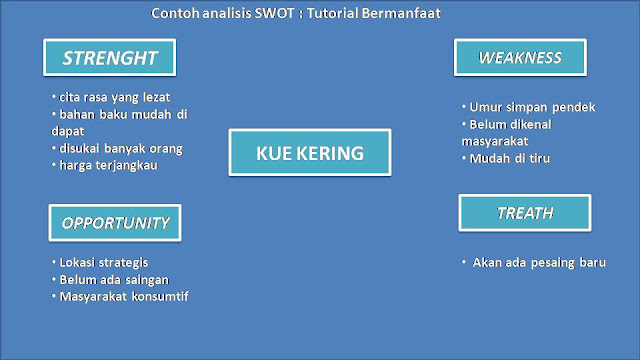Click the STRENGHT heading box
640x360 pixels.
click(109, 57)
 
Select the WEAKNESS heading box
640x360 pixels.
click(520, 57)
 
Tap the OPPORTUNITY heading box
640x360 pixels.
click(116, 222)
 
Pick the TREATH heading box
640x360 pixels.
click(525, 213)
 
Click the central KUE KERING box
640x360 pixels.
click(309, 155)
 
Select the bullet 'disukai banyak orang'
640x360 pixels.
click(120, 148)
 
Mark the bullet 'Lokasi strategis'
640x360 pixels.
click(105, 262)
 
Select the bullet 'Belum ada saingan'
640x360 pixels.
click(111, 279)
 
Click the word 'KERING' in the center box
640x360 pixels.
click(332, 155)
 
